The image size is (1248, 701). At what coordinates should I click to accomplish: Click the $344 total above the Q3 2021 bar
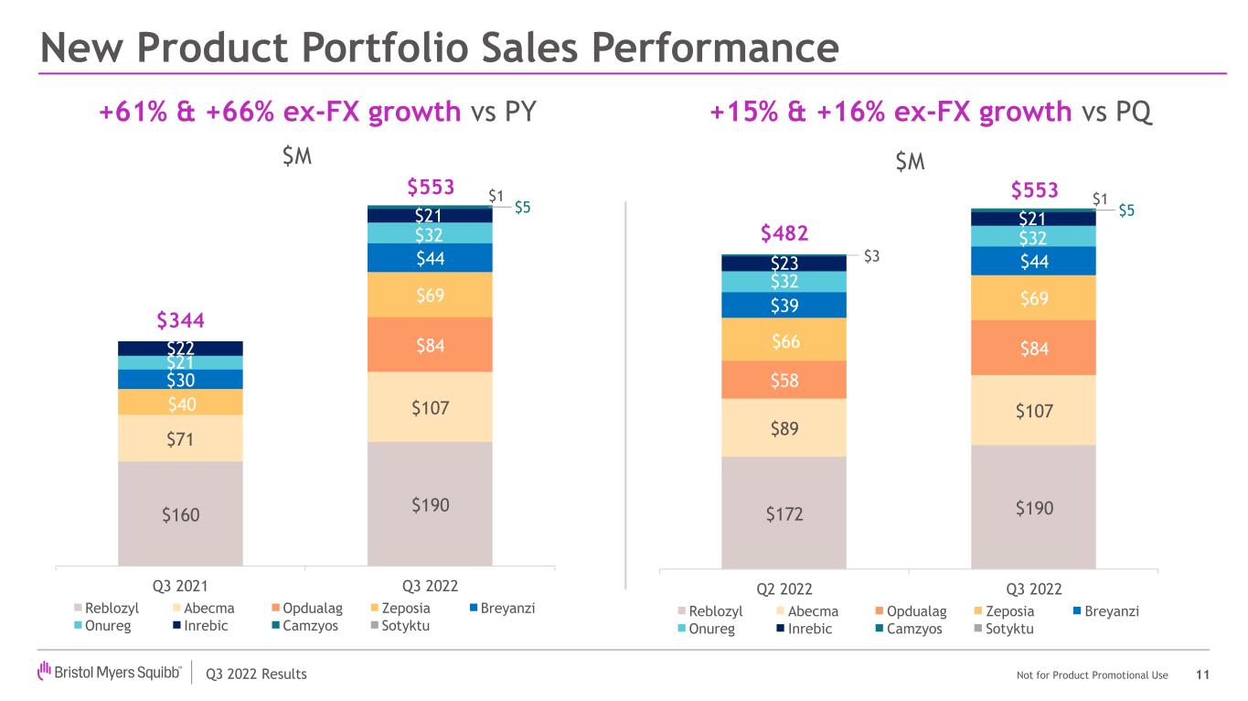pyautogui.click(x=180, y=320)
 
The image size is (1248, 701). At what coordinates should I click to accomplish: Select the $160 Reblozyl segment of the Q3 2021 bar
pyautogui.click(x=180, y=513)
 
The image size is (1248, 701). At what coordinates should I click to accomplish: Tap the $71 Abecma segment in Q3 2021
pyautogui.click(x=180, y=438)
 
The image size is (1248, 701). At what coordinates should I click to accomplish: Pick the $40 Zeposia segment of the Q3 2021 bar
pyautogui.click(x=180, y=402)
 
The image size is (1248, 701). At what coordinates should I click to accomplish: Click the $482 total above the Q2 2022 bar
pyautogui.click(x=784, y=233)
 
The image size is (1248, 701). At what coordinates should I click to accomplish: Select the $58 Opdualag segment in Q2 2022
pyautogui.click(x=784, y=380)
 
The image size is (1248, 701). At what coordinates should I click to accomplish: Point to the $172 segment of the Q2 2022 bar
pyautogui.click(x=784, y=512)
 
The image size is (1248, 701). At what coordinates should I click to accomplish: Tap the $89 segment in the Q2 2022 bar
pyautogui.click(x=784, y=427)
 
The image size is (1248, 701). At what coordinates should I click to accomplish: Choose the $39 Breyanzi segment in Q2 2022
pyautogui.click(x=784, y=305)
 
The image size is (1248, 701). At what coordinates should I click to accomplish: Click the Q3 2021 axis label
pyautogui.click(x=180, y=586)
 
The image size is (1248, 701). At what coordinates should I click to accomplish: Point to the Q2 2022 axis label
pyautogui.click(x=784, y=589)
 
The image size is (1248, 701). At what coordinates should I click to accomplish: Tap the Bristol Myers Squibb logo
pyautogui.click(x=109, y=672)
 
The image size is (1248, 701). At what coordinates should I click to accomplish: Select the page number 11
pyautogui.click(x=1202, y=674)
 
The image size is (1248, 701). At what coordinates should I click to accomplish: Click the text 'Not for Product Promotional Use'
pyautogui.click(x=1092, y=674)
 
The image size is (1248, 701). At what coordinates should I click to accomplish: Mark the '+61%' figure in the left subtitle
pyautogui.click(x=133, y=111)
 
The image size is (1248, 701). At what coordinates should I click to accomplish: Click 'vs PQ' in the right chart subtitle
pyautogui.click(x=1117, y=112)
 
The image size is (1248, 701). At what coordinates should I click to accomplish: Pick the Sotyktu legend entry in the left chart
pyautogui.click(x=400, y=626)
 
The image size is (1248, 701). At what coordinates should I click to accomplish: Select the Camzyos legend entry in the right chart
pyautogui.click(x=909, y=629)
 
